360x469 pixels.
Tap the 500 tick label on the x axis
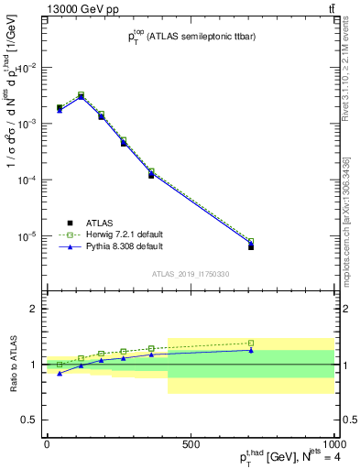[x=191, y=444]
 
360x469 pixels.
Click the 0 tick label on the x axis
[x=47, y=444]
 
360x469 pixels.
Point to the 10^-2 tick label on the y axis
[x=26, y=68]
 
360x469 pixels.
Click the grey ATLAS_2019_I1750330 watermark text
[x=191, y=274]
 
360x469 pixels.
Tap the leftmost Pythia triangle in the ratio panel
[x=60, y=373]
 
